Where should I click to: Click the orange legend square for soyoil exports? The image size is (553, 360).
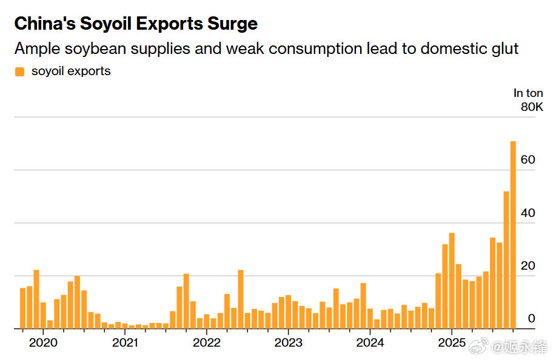click(19, 72)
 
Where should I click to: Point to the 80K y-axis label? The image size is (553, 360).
click(532, 107)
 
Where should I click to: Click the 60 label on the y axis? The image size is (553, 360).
click(528, 160)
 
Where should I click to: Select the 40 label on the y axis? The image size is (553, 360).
click(528, 213)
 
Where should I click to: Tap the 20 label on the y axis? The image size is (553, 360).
click(528, 266)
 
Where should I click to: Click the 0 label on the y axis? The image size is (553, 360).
click(531, 319)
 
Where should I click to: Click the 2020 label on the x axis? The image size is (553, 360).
click(43, 342)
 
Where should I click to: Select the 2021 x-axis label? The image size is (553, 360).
click(125, 342)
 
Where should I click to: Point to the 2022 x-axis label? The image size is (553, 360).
click(207, 342)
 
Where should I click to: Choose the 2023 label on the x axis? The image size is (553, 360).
click(289, 342)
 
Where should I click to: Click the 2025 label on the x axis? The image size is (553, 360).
click(452, 342)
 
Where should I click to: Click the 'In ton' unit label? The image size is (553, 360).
click(528, 93)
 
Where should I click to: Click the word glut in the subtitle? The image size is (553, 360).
click(504, 48)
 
